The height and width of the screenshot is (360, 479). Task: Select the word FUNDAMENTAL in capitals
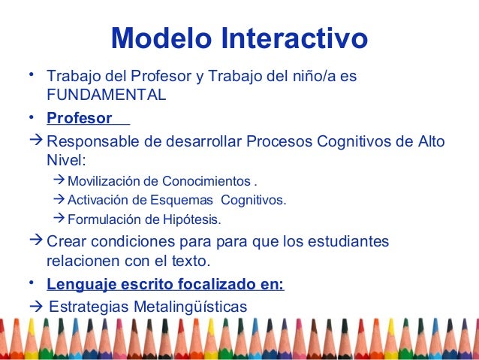pos(107,95)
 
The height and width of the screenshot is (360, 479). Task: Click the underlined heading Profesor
pos(80,119)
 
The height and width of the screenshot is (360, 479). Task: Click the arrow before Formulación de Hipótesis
pos(60,219)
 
